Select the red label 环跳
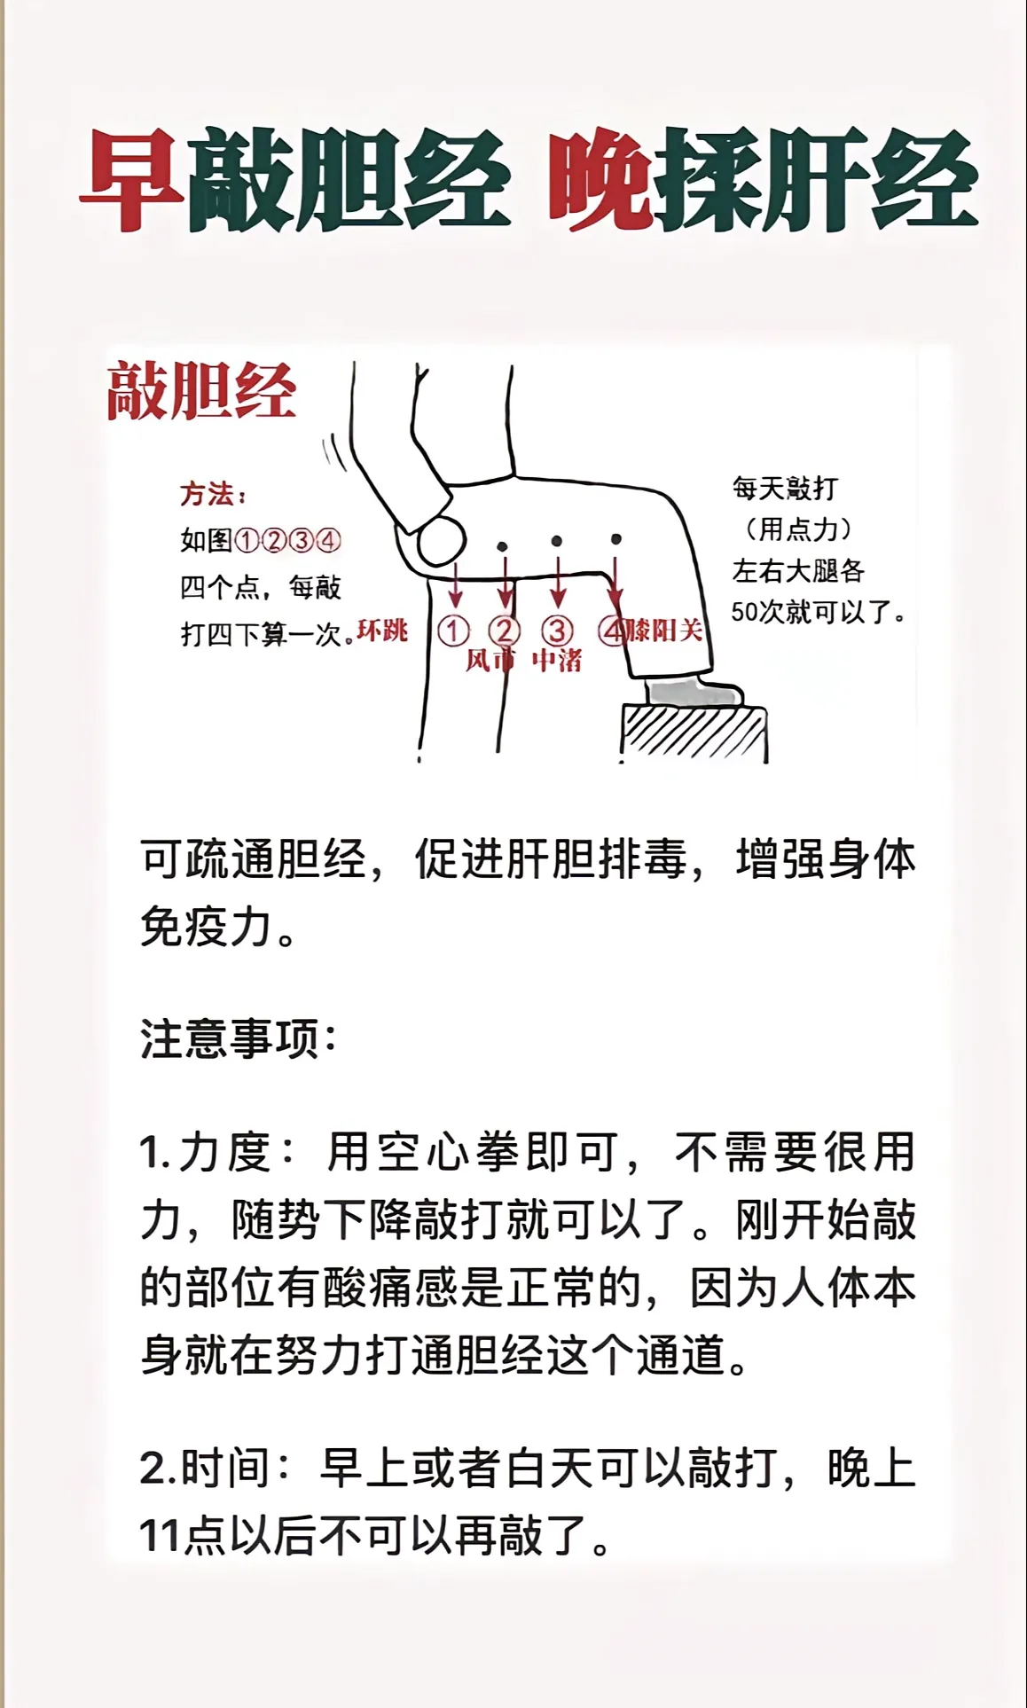coord(381,631)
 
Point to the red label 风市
coord(490,661)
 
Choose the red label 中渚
coord(556,661)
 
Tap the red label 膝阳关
coord(665,631)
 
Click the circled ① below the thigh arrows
coord(453,631)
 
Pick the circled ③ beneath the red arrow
coord(557,631)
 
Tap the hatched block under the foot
coord(694,733)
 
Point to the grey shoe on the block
coord(693,692)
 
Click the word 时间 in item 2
coord(224,1468)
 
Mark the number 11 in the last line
coord(161,1537)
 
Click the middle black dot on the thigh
coord(557,540)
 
